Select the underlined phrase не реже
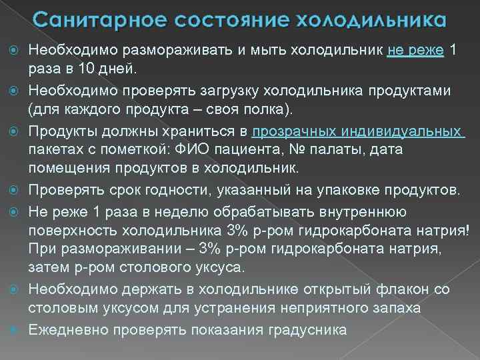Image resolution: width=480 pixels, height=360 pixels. coord(415,51)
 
